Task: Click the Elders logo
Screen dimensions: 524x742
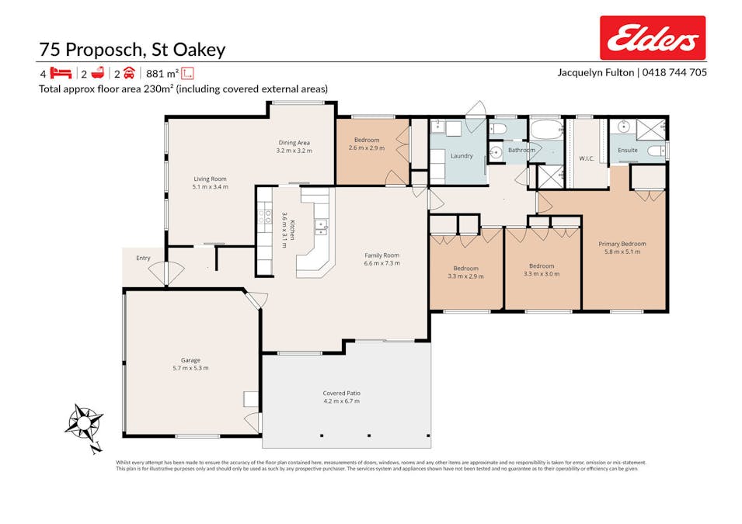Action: pos(653,38)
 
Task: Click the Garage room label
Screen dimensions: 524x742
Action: pos(190,360)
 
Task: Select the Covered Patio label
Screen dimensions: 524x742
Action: pos(342,394)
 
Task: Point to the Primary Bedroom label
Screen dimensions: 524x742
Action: pos(622,244)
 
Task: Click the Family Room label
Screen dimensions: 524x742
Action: pos(381,255)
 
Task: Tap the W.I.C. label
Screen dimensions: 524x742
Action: pos(587,159)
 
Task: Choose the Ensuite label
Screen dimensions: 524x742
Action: pos(628,150)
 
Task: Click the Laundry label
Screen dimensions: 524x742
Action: pos(462,156)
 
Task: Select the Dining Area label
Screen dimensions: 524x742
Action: pos(294,142)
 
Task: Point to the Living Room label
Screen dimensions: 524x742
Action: pos(210,179)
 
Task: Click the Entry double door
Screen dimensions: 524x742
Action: pos(169,273)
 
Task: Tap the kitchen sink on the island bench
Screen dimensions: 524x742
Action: pos(319,227)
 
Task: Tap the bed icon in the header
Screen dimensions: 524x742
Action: pos(62,74)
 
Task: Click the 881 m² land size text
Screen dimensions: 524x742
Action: pos(162,74)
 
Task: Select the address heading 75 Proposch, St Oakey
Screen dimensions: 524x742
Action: pos(132,50)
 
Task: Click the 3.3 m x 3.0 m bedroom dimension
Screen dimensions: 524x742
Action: pos(542,274)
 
